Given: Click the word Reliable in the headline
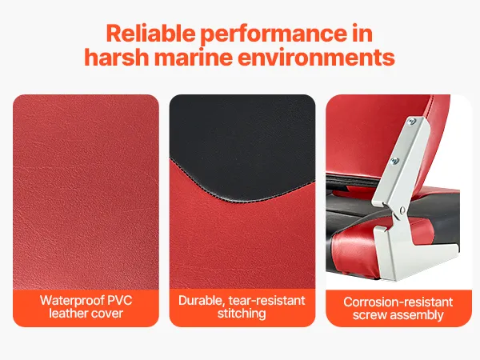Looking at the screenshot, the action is coord(150,33).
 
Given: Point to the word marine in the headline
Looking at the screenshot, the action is coord(193,57).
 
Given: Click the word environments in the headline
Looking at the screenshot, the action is coord(316,58).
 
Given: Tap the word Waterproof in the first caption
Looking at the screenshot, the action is coord(72,301).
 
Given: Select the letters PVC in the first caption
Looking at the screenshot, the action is coord(120,300).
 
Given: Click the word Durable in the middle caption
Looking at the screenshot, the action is coord(202,301).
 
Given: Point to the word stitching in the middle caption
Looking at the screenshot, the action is coord(242,314).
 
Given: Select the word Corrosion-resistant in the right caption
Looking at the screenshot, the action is coord(398,302).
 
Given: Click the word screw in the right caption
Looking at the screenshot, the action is coord(370,315).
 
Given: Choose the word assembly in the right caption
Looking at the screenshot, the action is coord(417,316).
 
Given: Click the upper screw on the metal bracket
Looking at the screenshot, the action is coord(412,122).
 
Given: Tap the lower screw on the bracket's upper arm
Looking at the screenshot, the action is coord(395,160).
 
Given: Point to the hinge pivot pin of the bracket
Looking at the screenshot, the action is coord(402,210).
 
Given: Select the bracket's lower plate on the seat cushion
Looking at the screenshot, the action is coord(407,251).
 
